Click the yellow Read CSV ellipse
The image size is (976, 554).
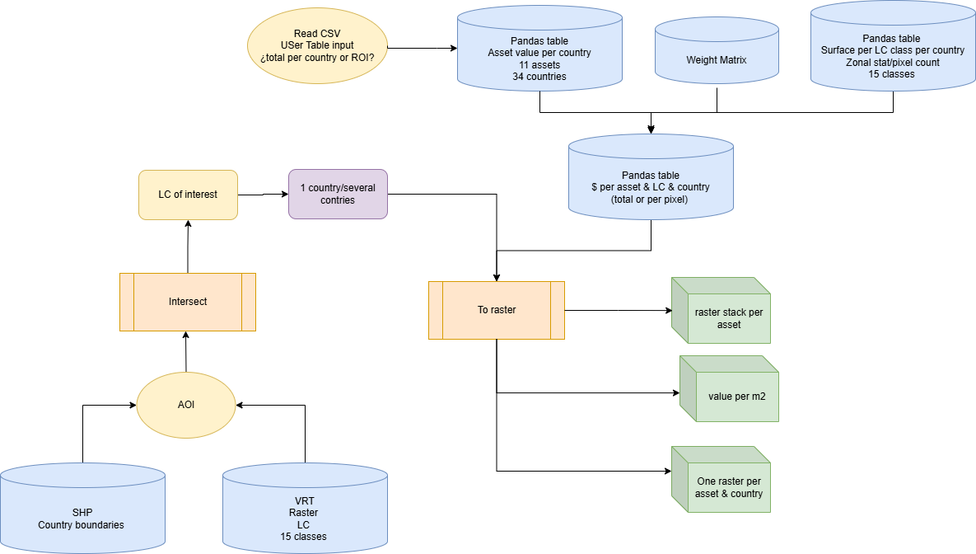click(317, 46)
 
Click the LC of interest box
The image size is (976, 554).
click(188, 195)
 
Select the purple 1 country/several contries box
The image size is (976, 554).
click(338, 195)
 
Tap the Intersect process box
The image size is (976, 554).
click(188, 302)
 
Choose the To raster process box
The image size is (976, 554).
click(497, 310)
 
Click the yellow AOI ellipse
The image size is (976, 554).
click(186, 405)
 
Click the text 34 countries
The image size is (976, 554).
click(539, 77)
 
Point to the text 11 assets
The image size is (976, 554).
click(539, 65)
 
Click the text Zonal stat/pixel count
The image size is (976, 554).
click(892, 62)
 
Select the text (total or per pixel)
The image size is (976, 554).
click(651, 199)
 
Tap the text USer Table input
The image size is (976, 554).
click(317, 46)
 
